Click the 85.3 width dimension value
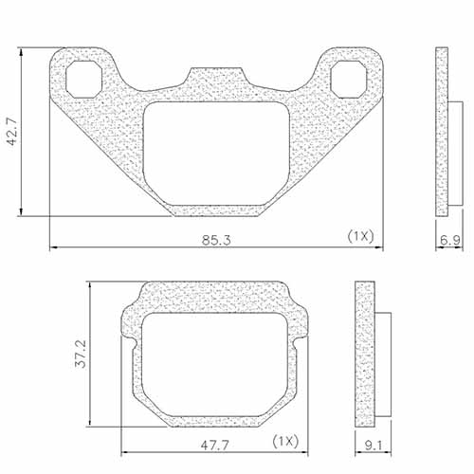(216, 238)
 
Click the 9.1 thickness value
(372, 442)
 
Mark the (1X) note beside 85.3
(361, 234)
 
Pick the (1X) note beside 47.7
(284, 441)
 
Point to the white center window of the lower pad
(215, 365)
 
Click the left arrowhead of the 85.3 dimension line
(53, 248)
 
